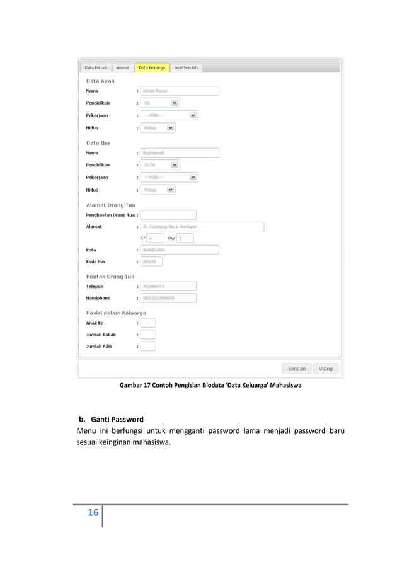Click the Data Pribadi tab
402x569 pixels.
[96, 67]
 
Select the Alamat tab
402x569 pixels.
[123, 67]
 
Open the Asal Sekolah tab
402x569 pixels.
[186, 67]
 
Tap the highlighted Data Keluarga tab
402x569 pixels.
[152, 67]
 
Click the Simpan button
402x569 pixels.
[297, 369]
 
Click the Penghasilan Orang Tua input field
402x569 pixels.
[168, 215]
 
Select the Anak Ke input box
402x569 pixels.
[148, 323]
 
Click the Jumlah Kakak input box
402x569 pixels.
[148, 335]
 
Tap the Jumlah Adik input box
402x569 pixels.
[148, 346]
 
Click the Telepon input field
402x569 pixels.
[168, 286]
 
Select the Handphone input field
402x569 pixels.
[168, 298]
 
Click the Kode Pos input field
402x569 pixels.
[152, 261]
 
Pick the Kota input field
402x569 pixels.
[180, 250]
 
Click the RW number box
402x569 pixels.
[185, 238]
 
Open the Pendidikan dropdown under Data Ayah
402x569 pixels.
[160, 102]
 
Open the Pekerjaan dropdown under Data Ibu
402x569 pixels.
[169, 178]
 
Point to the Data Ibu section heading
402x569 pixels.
[98, 143]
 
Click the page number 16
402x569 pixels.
[93, 513]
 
